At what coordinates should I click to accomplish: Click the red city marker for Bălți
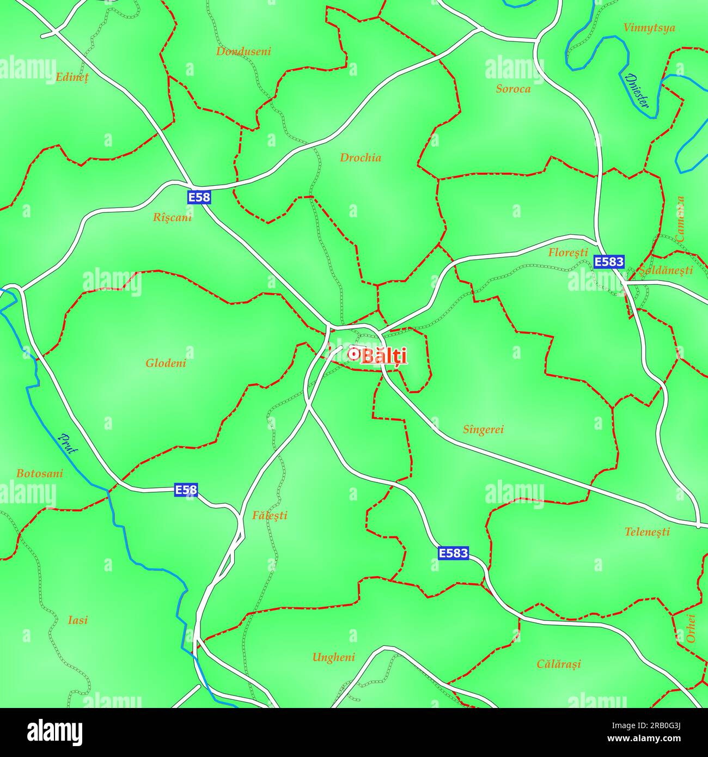(353, 354)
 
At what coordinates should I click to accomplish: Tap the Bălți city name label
(384, 356)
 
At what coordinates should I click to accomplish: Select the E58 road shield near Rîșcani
(199, 197)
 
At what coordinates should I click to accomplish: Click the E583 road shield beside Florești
(609, 262)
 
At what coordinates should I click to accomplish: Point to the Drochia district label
(361, 158)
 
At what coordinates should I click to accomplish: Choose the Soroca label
(513, 89)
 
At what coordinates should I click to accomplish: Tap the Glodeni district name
(166, 363)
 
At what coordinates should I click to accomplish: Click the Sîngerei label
(483, 430)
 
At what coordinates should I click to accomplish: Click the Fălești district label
(270, 515)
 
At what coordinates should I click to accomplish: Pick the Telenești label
(647, 532)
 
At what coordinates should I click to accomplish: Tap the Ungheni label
(333, 657)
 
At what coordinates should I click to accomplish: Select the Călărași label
(559, 664)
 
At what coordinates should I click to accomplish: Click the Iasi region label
(78, 620)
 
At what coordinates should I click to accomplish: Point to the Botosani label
(39, 474)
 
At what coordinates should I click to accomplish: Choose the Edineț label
(72, 77)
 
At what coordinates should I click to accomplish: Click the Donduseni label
(243, 52)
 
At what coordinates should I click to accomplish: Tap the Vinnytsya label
(649, 28)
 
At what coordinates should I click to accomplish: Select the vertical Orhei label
(691, 628)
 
